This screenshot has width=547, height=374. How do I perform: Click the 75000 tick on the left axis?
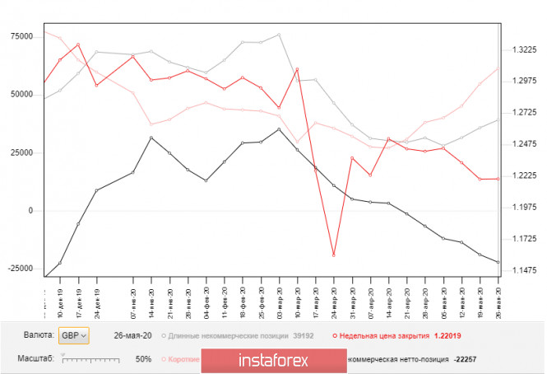tap(20, 36)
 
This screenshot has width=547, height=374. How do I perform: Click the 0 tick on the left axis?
tap(31, 211)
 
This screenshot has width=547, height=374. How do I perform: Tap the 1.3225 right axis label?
tap(523, 49)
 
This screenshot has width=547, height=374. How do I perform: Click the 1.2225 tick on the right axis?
tap(523, 176)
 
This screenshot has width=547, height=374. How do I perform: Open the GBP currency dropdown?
tap(73, 335)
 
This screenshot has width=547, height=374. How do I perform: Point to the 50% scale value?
tap(143, 360)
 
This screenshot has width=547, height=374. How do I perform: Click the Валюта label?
tap(39, 336)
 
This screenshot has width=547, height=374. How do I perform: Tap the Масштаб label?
tap(37, 360)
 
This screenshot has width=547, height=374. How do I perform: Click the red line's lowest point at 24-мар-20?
tap(334, 255)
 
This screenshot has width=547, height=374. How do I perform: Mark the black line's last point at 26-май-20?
tap(498, 262)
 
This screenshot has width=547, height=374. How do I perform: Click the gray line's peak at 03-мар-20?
tap(279, 35)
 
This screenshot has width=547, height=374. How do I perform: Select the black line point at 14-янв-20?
tap(151, 138)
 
